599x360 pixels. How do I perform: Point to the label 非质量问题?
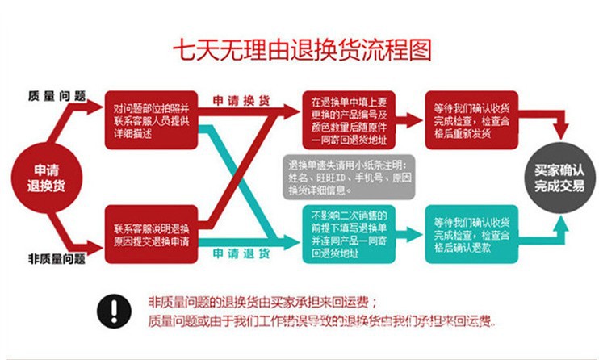56,259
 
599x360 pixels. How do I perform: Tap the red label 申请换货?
241,101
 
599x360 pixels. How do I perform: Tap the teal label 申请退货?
241,253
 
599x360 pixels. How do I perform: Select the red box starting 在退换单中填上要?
350,119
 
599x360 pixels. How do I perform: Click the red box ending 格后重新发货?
471,119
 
